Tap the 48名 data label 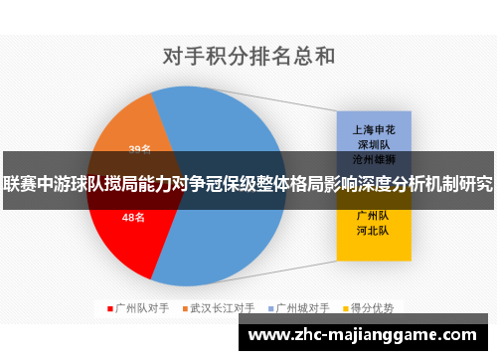(133, 217)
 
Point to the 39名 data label (139, 149)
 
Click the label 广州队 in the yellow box (372, 214)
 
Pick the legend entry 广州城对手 (303, 308)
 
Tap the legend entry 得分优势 (372, 308)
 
